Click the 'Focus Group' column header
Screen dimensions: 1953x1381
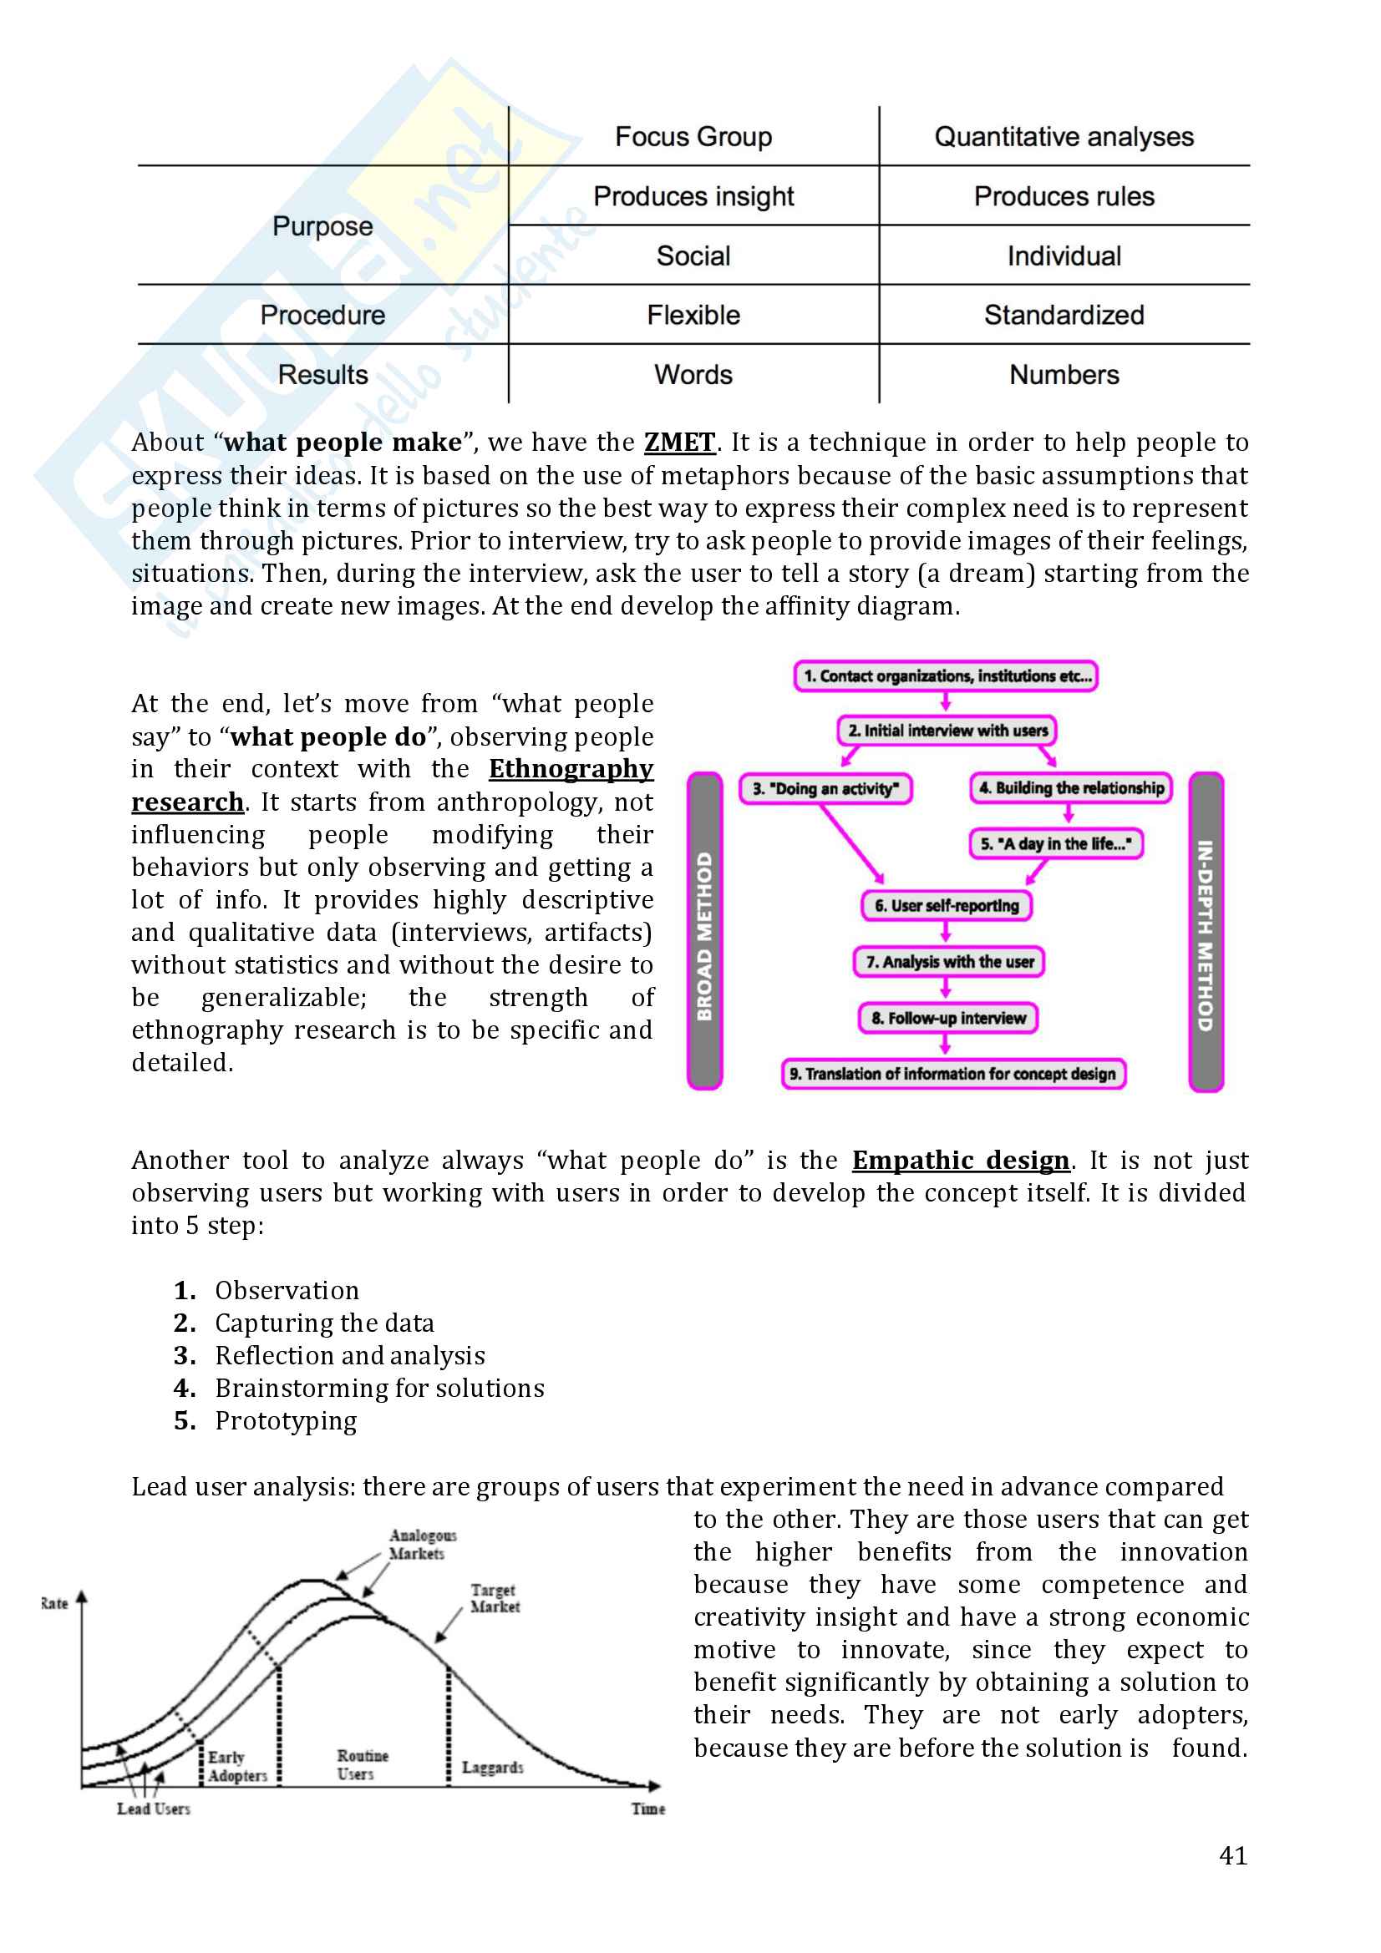coord(693,137)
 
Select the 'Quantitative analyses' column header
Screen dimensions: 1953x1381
coord(1064,137)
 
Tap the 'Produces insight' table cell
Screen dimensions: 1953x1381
coord(693,196)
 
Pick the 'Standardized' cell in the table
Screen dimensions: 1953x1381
coord(1064,316)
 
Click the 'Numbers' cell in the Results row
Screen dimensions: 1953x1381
coord(1064,375)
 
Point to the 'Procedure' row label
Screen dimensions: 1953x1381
coord(322,316)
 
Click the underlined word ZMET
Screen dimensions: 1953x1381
coord(679,443)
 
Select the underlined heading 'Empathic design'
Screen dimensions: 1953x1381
coord(961,1161)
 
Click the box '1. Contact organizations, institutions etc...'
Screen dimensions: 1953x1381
coord(946,676)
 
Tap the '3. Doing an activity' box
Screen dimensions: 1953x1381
coord(825,788)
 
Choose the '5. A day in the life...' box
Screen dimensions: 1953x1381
coord(1055,844)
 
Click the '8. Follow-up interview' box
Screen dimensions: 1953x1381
coord(948,1018)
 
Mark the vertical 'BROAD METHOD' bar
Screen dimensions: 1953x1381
coord(704,932)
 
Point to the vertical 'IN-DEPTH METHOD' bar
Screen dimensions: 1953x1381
coord(1206,932)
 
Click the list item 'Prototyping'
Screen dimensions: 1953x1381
coord(286,1421)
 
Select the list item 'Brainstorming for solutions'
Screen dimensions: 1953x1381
coord(379,1389)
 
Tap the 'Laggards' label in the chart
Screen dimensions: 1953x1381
coord(492,1768)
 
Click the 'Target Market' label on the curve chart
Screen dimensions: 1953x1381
coord(495,1598)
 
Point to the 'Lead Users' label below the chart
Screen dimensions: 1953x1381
coord(153,1809)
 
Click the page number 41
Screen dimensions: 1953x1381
coord(1232,1855)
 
